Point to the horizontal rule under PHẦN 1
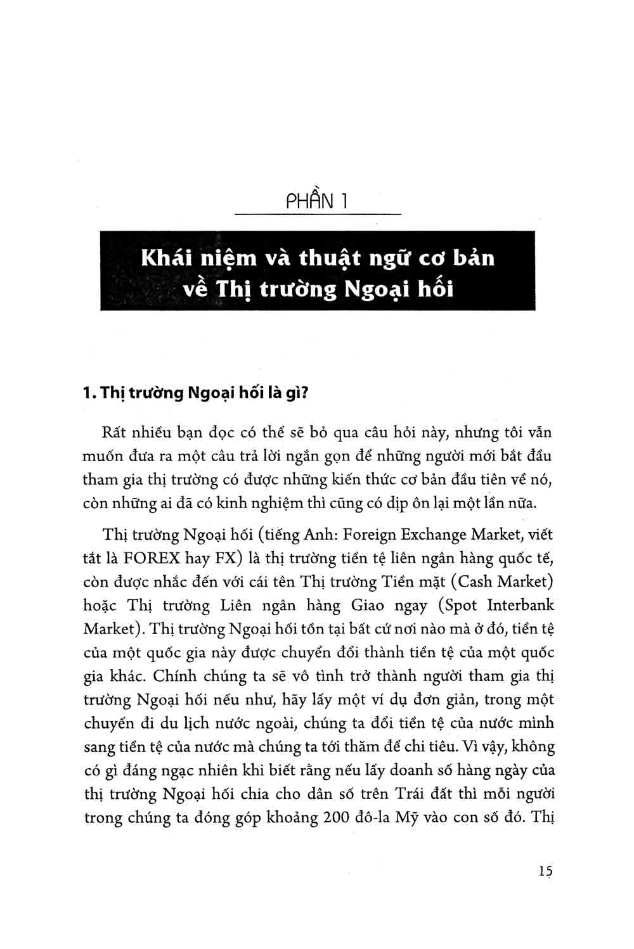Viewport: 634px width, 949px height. tap(318, 215)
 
